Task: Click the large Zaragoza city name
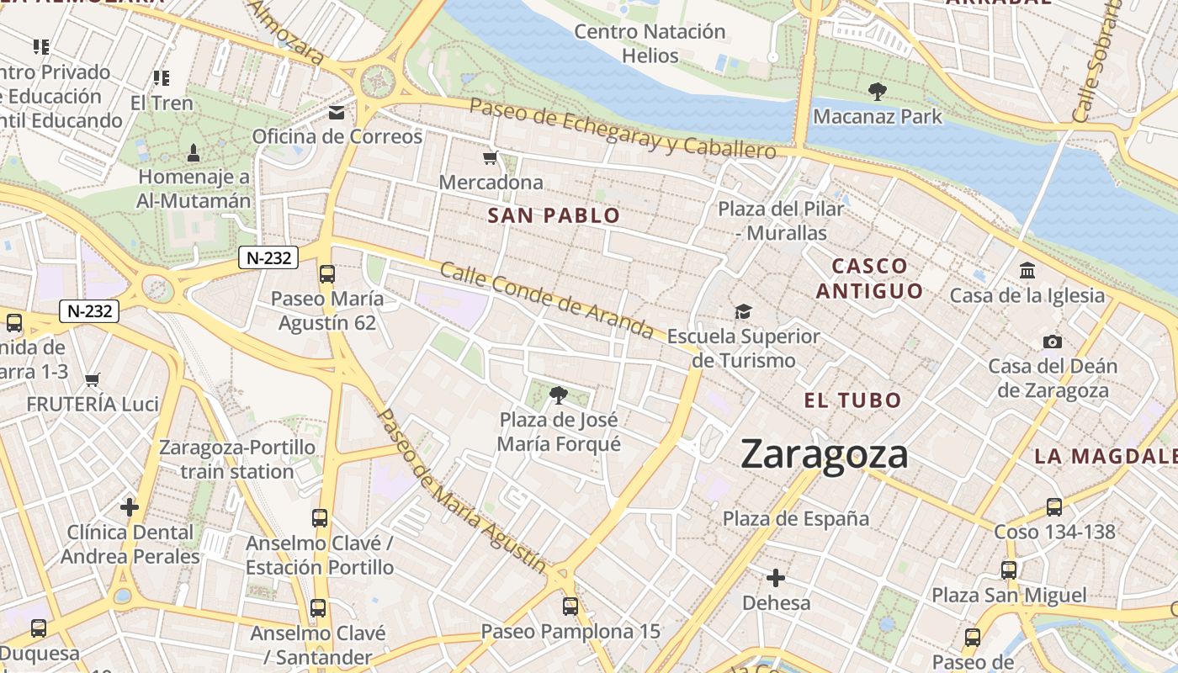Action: point(825,455)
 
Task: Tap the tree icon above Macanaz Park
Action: point(877,91)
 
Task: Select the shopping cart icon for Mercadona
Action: point(491,157)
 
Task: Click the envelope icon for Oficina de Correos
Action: point(337,112)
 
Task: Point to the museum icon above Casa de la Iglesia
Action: point(1027,271)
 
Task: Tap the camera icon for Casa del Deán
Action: point(1052,342)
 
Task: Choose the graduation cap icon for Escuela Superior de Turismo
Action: point(742,312)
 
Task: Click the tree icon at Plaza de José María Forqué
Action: point(558,395)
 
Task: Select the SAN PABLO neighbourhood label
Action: point(554,215)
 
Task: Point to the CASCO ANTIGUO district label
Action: point(869,278)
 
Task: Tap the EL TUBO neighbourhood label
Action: point(852,400)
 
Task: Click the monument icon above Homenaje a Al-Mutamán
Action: point(194,153)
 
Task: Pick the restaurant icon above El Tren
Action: point(162,78)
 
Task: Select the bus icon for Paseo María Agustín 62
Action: point(326,274)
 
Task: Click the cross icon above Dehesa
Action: point(776,578)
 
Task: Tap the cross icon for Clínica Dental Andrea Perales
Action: point(130,507)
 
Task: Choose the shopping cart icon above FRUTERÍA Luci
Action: point(93,379)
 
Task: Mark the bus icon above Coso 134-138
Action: point(1053,506)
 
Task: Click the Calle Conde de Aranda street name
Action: point(546,299)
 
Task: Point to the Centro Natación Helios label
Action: point(650,44)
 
